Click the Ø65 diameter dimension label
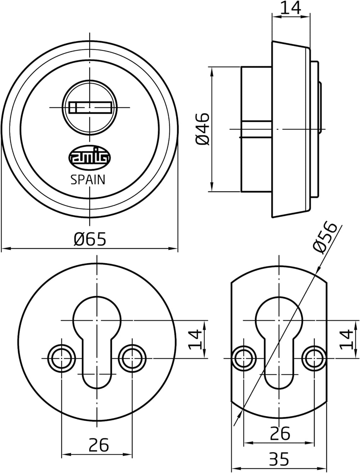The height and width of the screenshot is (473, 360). click(90, 239)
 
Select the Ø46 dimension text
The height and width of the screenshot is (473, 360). click(202, 129)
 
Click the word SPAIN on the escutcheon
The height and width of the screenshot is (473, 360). click(88, 180)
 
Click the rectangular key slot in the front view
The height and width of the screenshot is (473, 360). click(90, 107)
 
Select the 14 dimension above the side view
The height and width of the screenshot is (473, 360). click(291, 8)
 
